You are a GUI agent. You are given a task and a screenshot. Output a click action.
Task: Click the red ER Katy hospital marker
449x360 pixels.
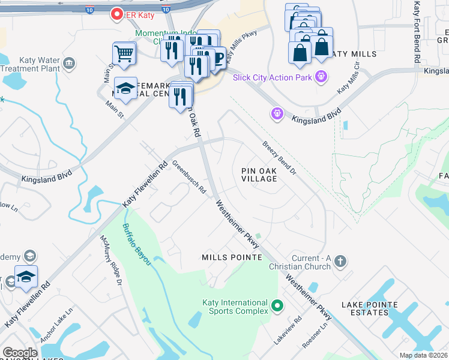click(x=115, y=14)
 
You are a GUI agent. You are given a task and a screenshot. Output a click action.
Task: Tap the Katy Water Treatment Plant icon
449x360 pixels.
click(x=70, y=63)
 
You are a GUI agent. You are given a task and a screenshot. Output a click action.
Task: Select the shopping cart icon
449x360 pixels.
click(x=124, y=54)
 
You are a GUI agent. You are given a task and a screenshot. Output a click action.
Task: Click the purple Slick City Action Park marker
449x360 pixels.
click(x=321, y=77)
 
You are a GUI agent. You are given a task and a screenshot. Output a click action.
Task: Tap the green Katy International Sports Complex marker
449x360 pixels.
click(x=277, y=307)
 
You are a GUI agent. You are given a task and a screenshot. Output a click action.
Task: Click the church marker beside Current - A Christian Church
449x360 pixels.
click(x=340, y=261)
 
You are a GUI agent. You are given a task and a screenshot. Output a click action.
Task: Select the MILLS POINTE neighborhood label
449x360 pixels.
click(x=232, y=257)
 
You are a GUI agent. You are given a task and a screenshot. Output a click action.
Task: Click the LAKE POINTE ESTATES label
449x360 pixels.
click(x=370, y=308)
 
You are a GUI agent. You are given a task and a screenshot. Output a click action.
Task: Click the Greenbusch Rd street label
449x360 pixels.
click(x=189, y=177)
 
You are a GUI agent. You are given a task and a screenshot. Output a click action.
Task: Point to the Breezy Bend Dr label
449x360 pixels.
click(x=279, y=158)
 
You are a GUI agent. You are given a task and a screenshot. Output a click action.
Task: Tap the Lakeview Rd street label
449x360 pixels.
click(x=286, y=330)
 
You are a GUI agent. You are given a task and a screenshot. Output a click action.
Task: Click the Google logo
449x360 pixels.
click(x=20, y=353)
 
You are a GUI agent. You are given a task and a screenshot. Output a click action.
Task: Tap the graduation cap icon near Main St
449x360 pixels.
click(x=125, y=89)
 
